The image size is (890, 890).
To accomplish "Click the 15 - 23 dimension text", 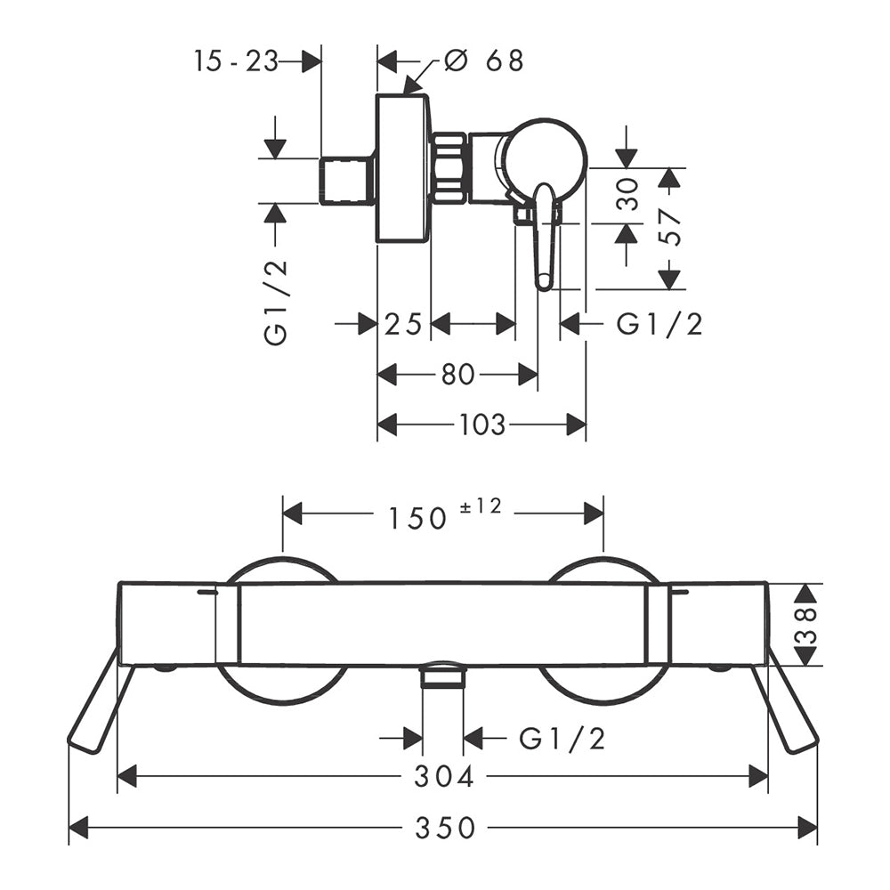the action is [236, 61].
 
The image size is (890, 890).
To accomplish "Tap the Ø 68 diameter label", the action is [483, 61].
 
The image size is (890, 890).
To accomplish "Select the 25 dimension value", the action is [403, 325].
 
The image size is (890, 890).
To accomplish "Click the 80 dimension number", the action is [457, 375].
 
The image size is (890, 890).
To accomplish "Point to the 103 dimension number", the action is [481, 425].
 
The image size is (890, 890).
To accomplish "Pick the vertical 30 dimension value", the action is [627, 194].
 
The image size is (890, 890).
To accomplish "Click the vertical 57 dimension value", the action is [671, 227].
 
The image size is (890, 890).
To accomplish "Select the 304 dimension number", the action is [444, 776].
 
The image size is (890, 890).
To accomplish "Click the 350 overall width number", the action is [445, 828].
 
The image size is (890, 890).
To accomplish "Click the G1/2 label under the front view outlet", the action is [562, 739].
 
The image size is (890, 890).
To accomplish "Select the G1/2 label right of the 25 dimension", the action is [659, 325].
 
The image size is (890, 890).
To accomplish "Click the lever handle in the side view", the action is [546, 237].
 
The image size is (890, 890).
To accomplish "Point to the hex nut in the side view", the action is [450, 168].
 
